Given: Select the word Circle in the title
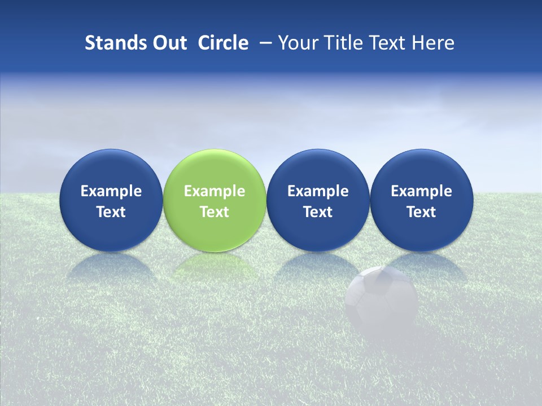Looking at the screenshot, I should click(x=223, y=43).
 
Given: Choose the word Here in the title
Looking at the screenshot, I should click(x=434, y=43).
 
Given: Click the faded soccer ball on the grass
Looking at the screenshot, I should click(x=382, y=300).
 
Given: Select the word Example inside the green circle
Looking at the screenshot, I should click(x=215, y=191).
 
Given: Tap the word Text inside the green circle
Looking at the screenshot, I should click(x=215, y=212).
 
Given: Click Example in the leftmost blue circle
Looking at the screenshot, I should click(x=111, y=191).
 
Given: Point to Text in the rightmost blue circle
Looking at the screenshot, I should click(x=421, y=212).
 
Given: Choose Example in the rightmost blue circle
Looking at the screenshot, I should click(x=421, y=191).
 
